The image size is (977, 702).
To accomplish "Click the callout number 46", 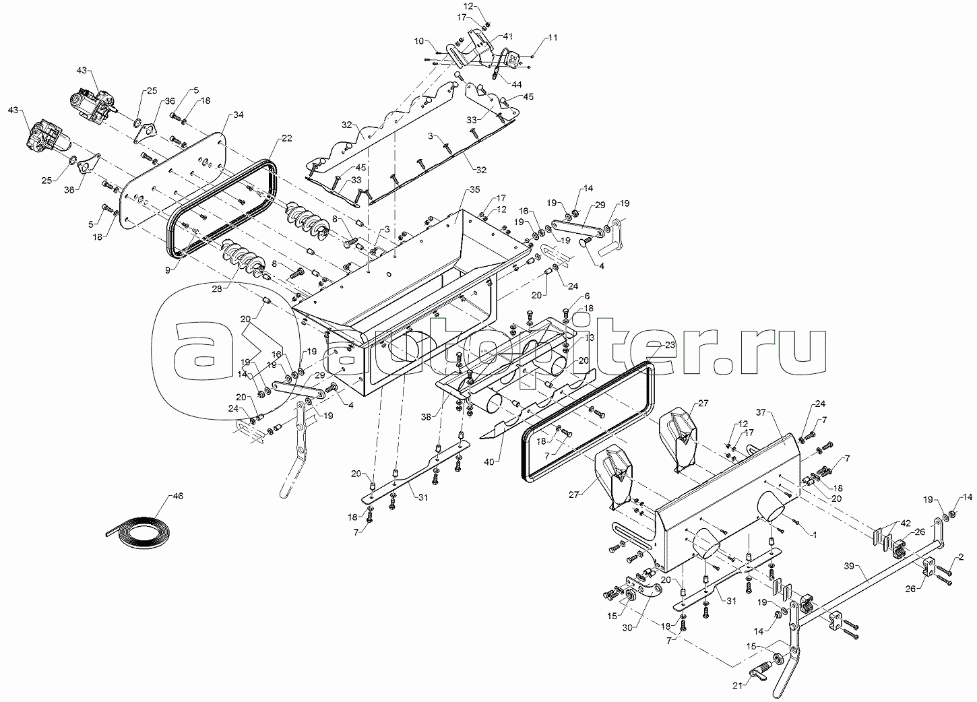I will [x=178, y=497].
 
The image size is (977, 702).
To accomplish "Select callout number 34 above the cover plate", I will [x=239, y=115].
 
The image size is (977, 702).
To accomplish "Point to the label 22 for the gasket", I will [x=287, y=138].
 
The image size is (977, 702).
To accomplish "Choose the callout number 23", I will [x=670, y=344].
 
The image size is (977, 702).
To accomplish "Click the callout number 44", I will [x=517, y=84].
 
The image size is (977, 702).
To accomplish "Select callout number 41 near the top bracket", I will [x=507, y=36].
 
